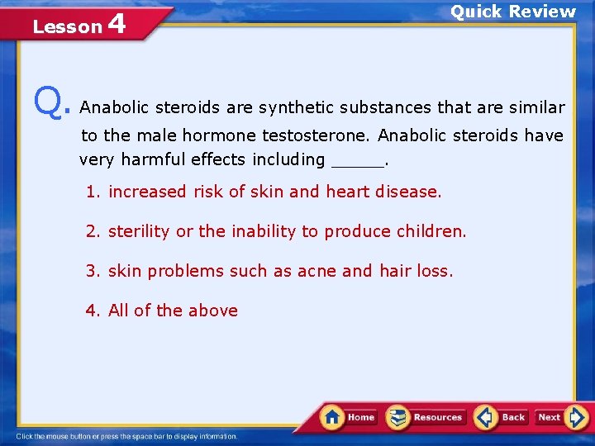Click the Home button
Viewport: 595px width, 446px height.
[x=349, y=417]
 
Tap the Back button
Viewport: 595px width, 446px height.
[x=501, y=417]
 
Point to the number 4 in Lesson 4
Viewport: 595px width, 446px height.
[x=117, y=24]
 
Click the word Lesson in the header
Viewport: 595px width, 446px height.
[x=66, y=27]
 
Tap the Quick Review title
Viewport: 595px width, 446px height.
[x=512, y=12]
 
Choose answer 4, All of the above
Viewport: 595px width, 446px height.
[x=162, y=311]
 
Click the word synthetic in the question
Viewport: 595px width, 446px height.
[x=293, y=107]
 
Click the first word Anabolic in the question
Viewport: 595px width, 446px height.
[x=115, y=107]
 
